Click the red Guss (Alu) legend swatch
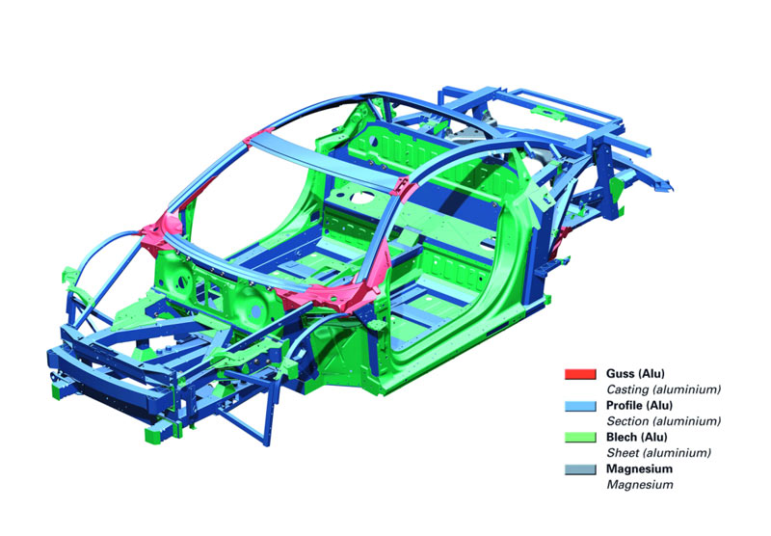point(583,373)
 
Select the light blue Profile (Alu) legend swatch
point(583,406)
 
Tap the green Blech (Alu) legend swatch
point(583,437)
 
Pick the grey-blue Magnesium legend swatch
point(583,469)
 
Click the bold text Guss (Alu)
point(636,373)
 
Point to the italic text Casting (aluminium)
point(663,389)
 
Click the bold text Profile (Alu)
point(642,406)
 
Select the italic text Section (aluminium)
point(663,421)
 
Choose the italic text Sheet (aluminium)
point(658,452)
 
